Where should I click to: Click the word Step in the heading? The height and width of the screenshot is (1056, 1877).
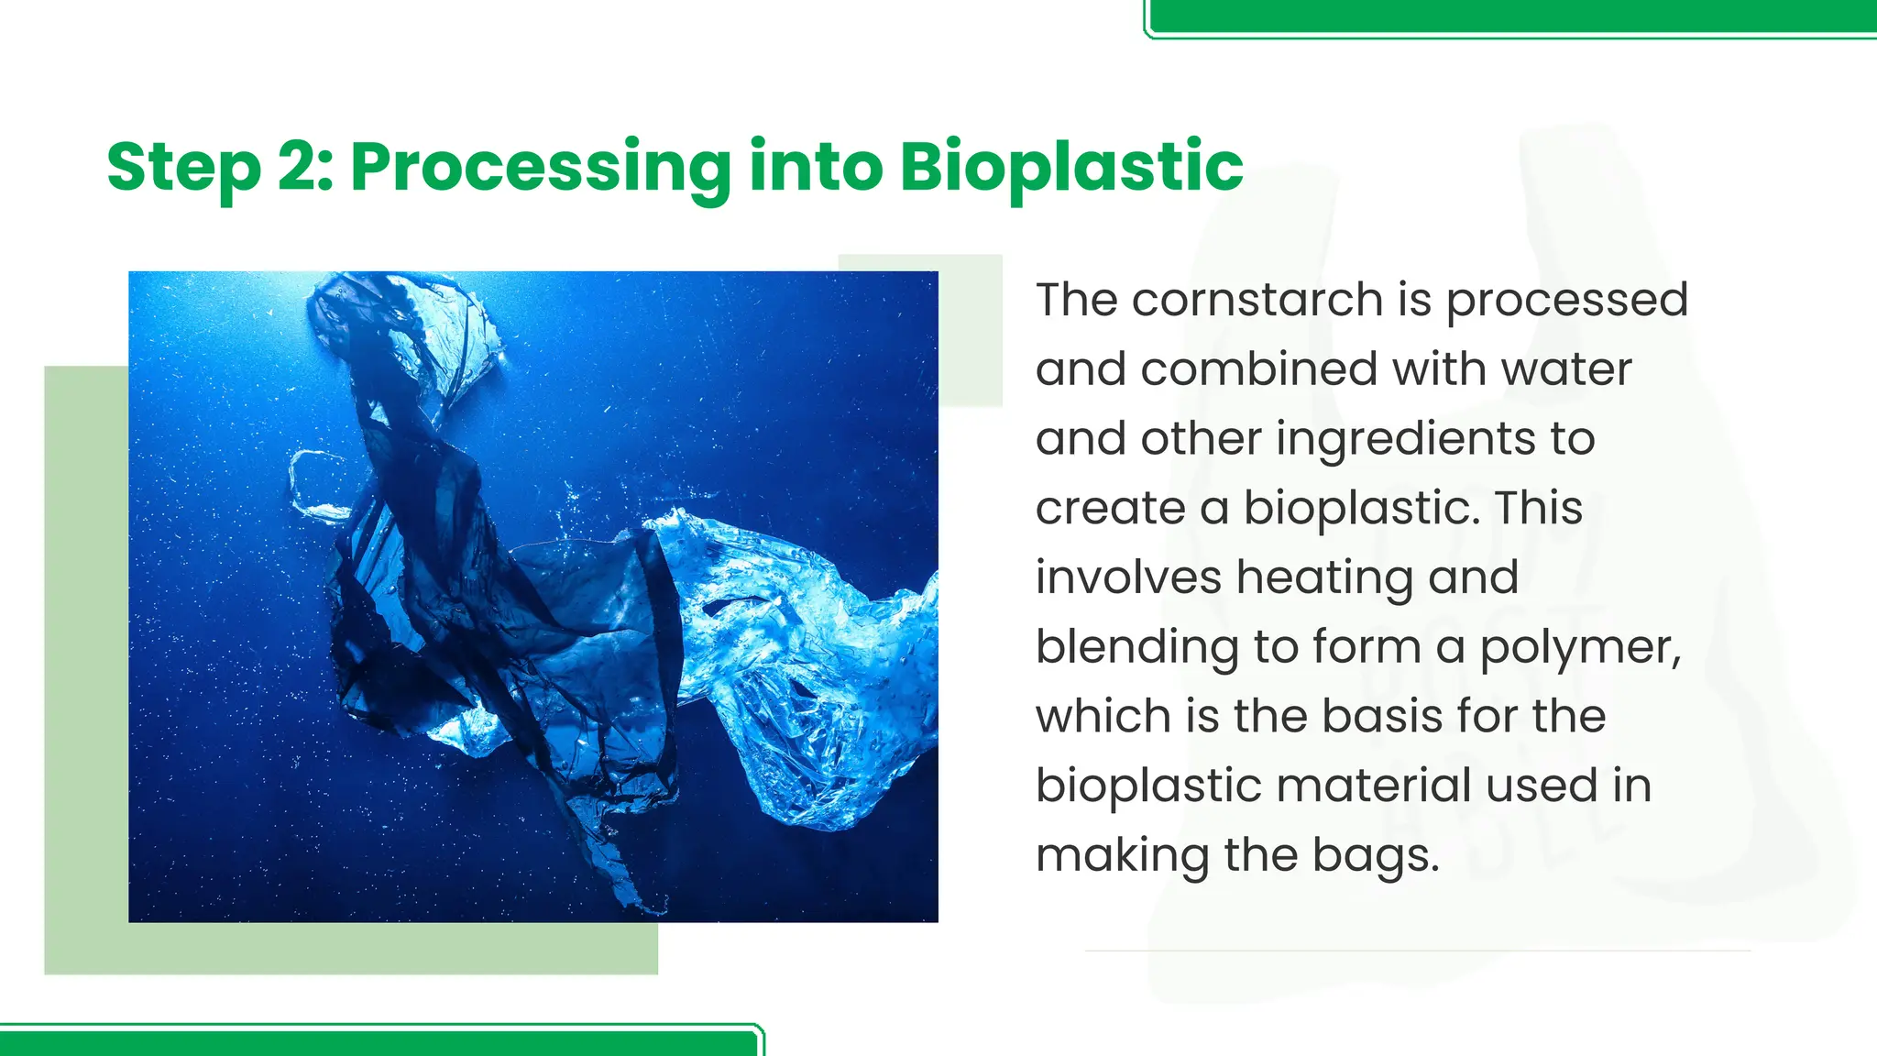[183, 168]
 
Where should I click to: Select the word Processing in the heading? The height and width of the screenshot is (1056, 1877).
[540, 168]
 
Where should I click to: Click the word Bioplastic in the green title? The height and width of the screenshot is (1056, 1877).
[1070, 168]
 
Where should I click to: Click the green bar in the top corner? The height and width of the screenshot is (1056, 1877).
[1512, 16]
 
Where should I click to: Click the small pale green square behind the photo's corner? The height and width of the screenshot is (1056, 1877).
[971, 330]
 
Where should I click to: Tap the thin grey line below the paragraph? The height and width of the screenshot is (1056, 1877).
[1417, 951]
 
